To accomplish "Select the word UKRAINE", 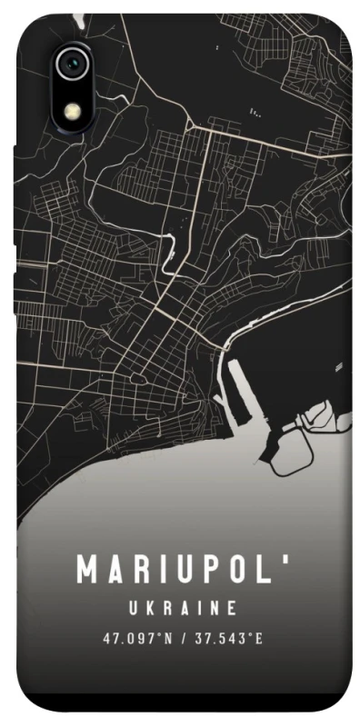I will point(185,607).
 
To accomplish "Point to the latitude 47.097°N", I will point(137,638).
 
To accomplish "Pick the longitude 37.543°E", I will point(231,638).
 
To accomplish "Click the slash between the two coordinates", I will point(185,638).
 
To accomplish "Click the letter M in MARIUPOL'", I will point(89,571).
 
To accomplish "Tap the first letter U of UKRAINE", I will point(135,607).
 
